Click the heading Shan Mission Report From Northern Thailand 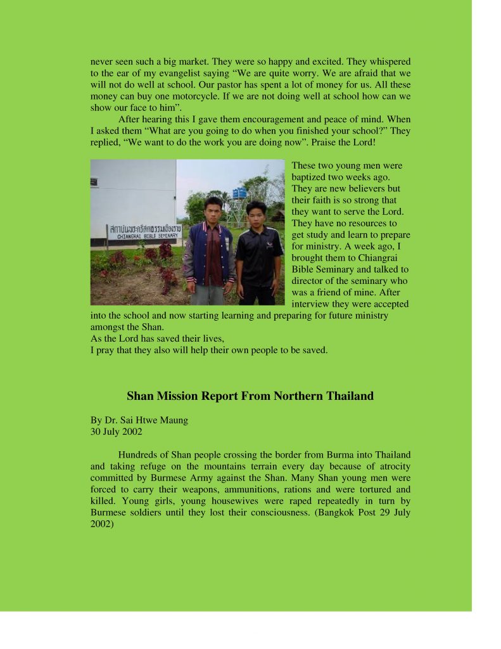250,396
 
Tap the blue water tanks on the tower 239,193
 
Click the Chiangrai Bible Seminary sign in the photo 145,231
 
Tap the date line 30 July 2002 117,432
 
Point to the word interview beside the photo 310,304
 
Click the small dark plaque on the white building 94,181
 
